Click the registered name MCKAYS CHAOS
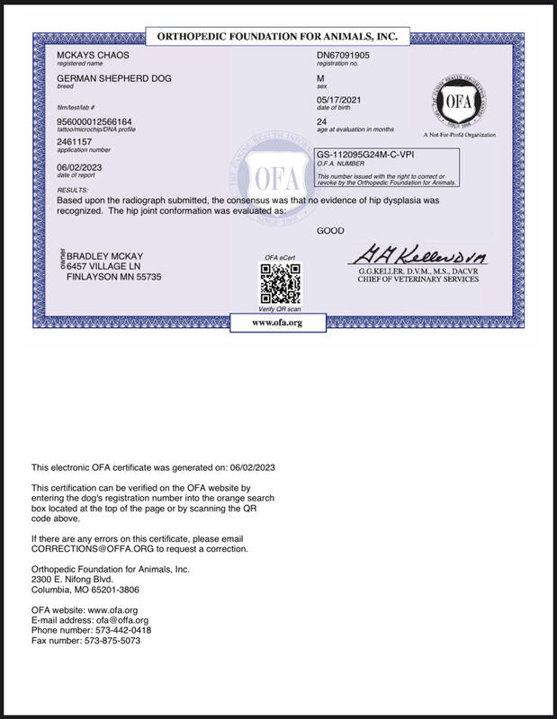tap(86, 57)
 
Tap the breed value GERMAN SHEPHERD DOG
tap(113, 79)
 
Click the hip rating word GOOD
tap(330, 231)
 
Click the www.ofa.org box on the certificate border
tap(276, 321)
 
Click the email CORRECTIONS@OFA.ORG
tap(92, 547)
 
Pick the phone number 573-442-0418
tap(128, 631)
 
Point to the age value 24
tap(322, 121)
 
